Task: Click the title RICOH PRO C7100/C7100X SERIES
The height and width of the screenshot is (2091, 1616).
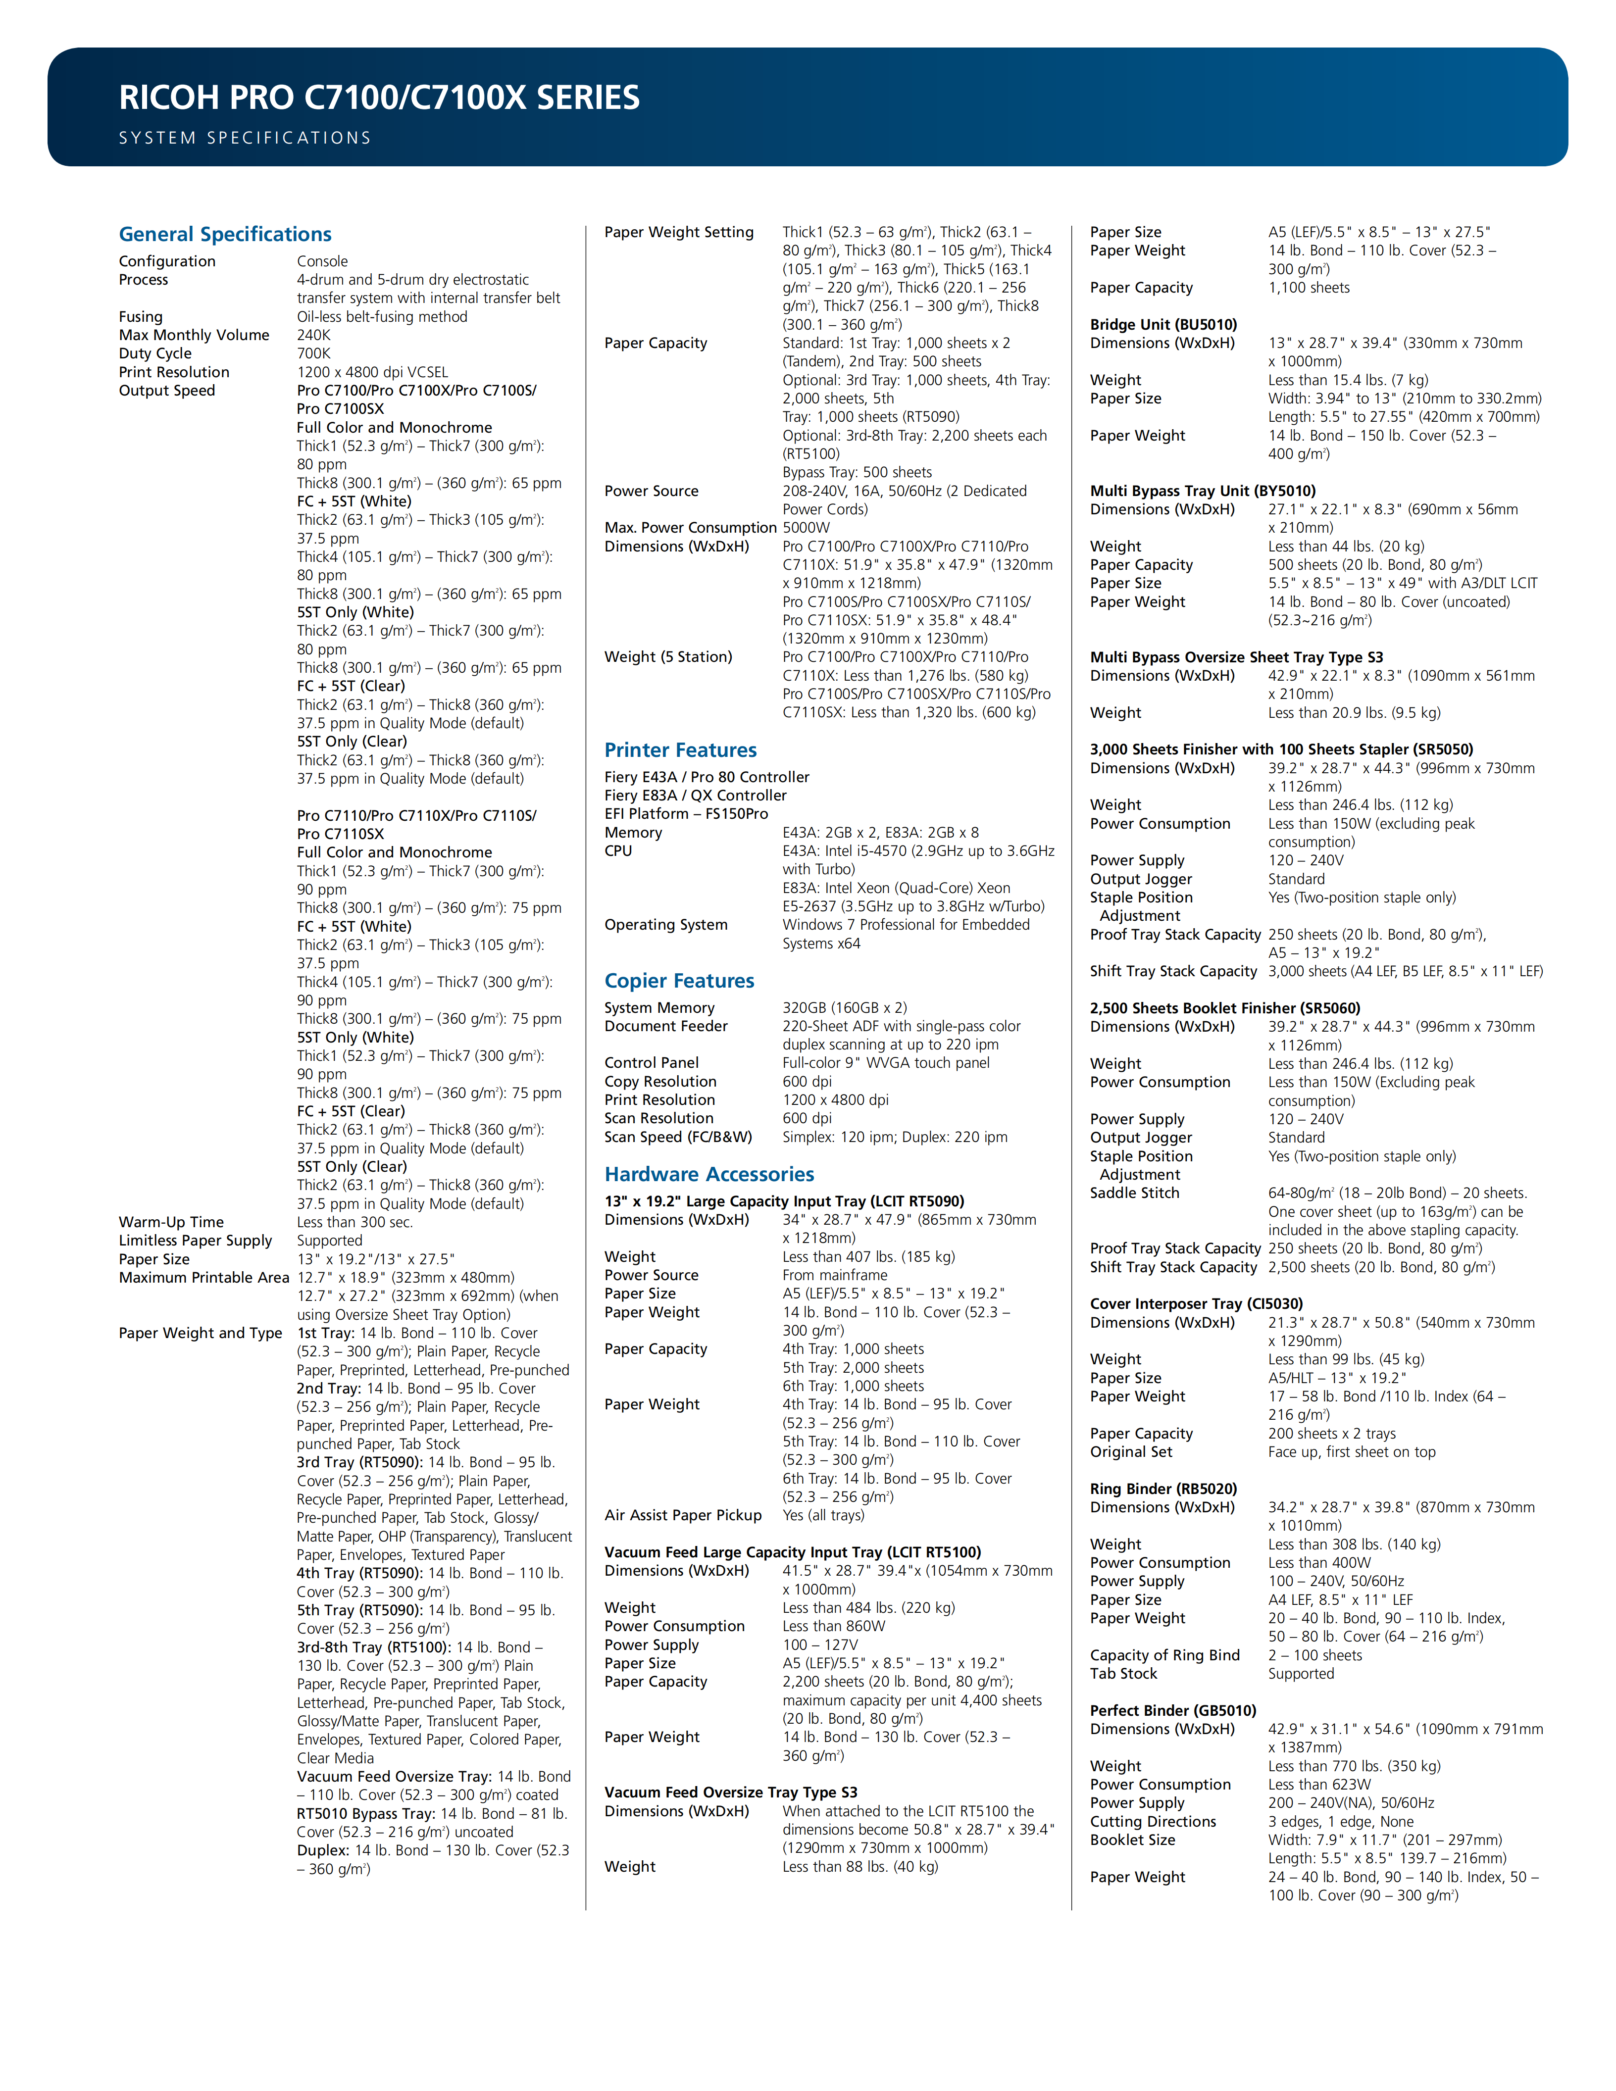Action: tap(379, 98)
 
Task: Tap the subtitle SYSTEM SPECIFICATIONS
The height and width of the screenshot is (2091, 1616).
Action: tap(245, 138)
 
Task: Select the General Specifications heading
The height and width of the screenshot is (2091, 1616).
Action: tap(225, 235)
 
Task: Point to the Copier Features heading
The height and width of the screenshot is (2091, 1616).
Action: tap(679, 981)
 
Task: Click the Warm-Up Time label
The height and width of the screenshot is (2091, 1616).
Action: tap(171, 1223)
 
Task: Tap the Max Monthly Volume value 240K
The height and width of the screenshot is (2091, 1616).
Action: tap(314, 335)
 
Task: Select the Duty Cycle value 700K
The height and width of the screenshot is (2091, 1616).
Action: tap(314, 353)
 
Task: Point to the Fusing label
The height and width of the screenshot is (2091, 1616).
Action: tap(141, 317)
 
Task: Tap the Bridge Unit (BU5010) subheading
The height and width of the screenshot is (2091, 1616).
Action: tap(1163, 325)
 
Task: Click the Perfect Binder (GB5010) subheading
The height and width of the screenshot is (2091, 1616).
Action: tap(1173, 1711)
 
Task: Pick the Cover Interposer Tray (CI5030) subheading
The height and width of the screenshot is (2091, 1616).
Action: tap(1196, 1304)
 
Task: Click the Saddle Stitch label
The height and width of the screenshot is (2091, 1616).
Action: tap(1134, 1193)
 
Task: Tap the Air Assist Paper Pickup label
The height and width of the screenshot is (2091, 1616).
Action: tap(683, 1516)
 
